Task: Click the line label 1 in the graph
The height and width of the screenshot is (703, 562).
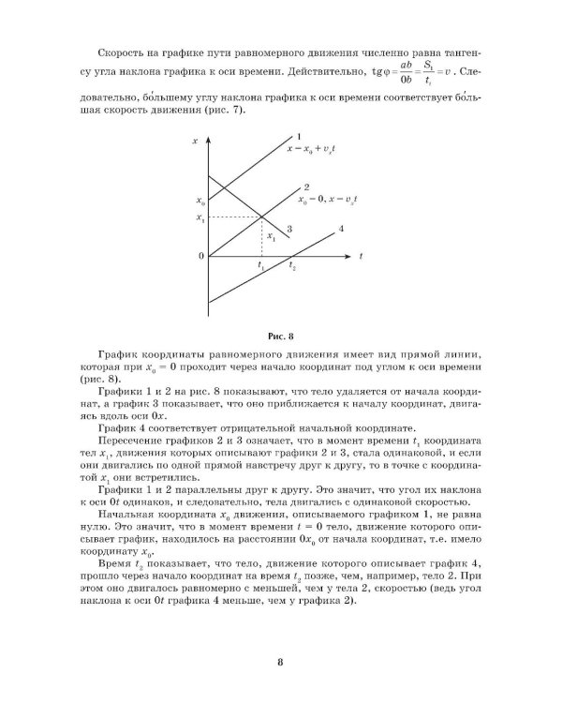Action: [x=297, y=137]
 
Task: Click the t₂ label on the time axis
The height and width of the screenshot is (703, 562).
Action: [x=292, y=267]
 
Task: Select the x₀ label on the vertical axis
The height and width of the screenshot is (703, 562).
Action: [x=200, y=201]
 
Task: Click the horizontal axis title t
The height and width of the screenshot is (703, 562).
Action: [x=361, y=255]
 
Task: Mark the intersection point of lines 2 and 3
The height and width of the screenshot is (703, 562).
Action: [x=260, y=217]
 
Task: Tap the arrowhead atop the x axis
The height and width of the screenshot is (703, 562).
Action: [x=208, y=138]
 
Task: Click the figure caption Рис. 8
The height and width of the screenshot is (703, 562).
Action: [x=280, y=335]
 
